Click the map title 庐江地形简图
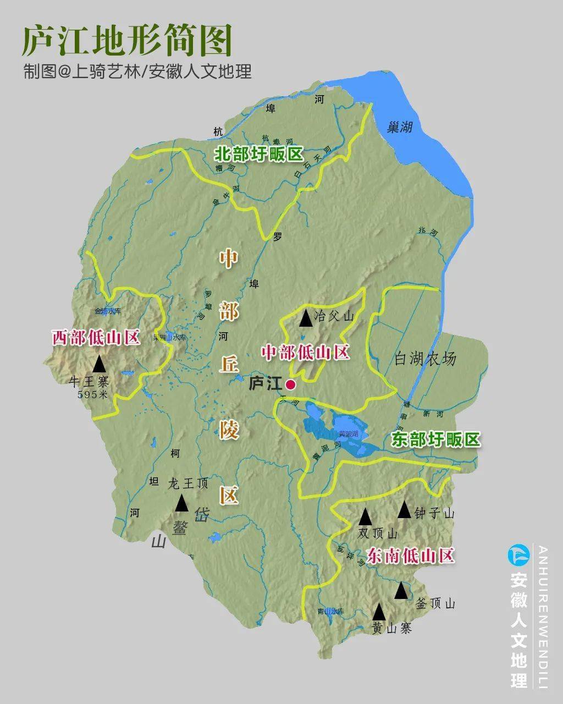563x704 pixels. [x=126, y=40]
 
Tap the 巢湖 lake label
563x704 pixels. [x=399, y=128]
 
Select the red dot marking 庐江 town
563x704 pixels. [x=290, y=385]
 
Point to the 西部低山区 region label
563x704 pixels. [x=96, y=337]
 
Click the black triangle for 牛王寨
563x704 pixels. [x=99, y=364]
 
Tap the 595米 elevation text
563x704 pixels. [x=93, y=394]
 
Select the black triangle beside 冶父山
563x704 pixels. [x=305, y=317]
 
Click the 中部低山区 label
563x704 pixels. [x=305, y=352]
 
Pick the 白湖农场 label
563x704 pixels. [x=425, y=359]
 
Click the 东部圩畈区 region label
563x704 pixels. [x=435, y=439]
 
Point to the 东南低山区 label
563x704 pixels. [x=410, y=555]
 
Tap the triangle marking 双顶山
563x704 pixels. [x=365, y=516]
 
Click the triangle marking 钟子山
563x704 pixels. [x=404, y=510]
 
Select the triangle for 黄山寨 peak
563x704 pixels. [x=378, y=612]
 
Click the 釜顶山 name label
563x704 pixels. [x=435, y=604]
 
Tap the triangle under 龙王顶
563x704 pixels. [x=181, y=503]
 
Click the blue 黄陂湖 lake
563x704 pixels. [x=346, y=435]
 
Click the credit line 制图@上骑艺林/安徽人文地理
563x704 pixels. [x=137, y=71]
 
